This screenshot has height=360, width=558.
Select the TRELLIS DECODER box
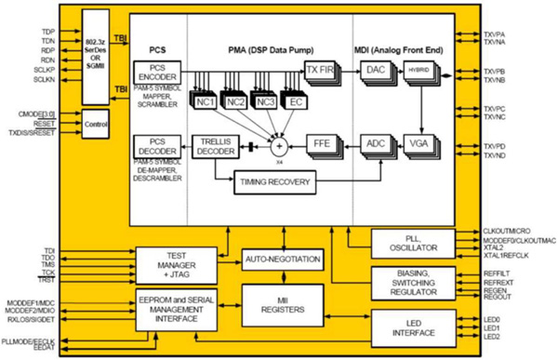(x=217, y=145)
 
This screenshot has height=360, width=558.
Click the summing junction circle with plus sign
(x=276, y=145)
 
